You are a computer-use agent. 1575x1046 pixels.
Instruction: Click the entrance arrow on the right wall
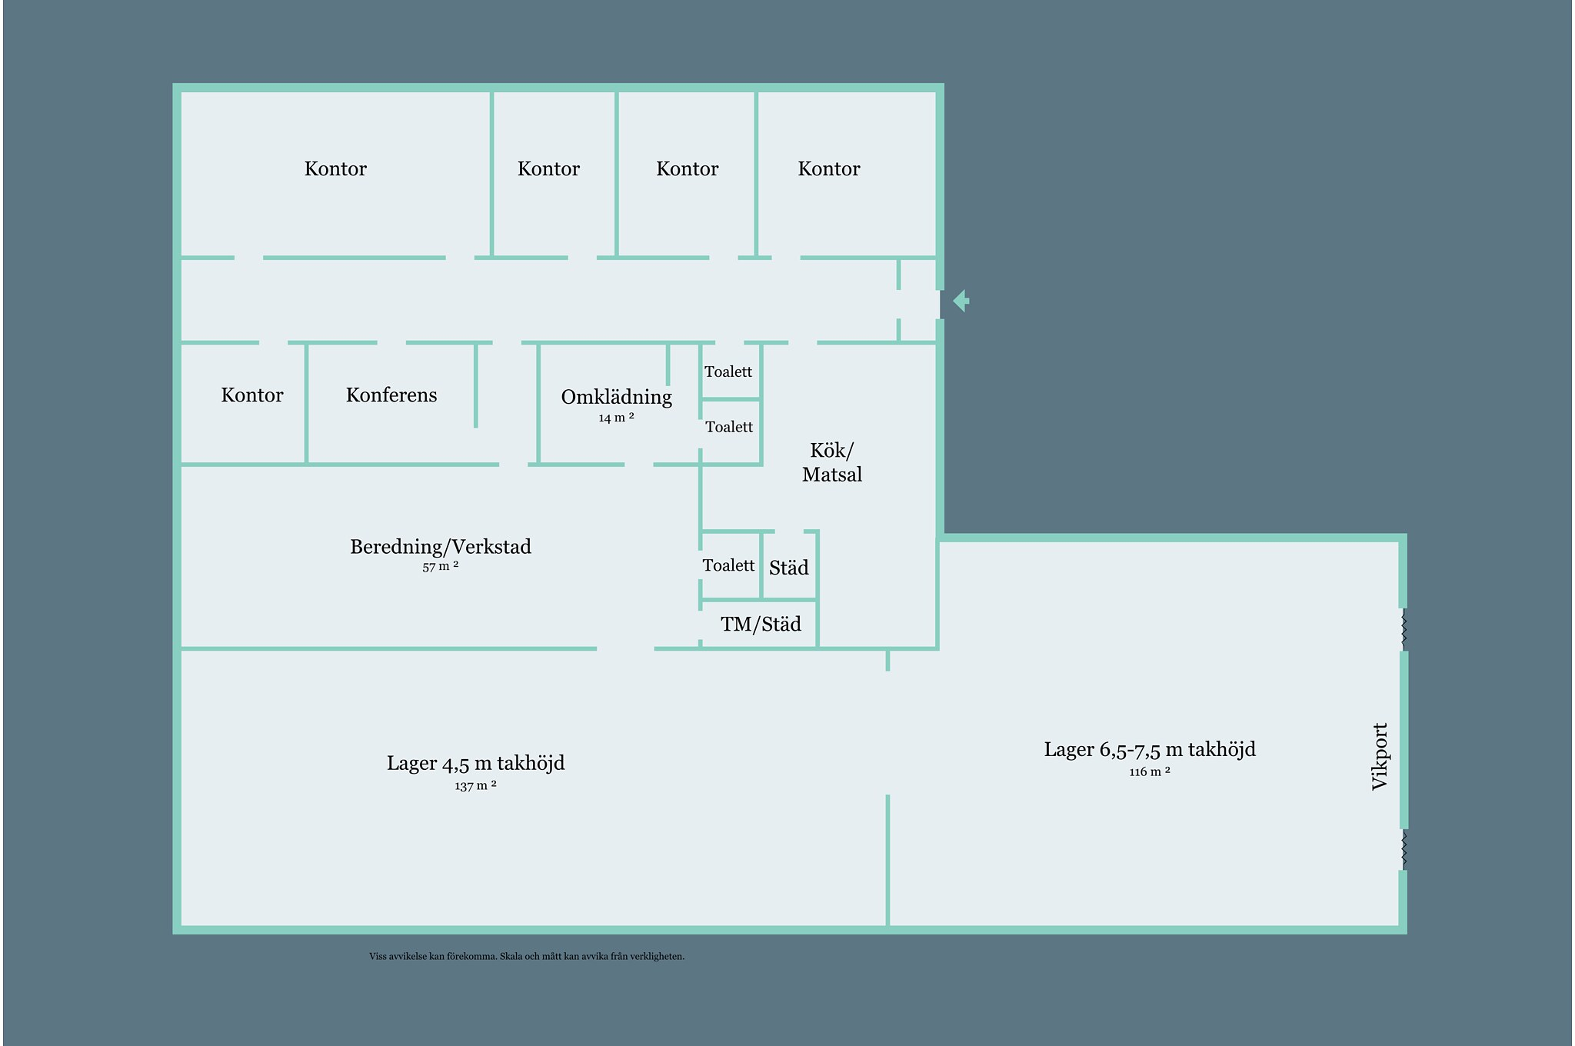(961, 301)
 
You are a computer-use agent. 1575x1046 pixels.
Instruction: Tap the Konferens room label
(391, 395)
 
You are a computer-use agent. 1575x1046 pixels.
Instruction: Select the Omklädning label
(616, 397)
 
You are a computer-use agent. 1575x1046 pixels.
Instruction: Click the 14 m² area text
(616, 418)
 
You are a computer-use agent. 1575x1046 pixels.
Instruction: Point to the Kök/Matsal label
(831, 462)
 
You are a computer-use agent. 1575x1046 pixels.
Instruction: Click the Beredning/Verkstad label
(441, 547)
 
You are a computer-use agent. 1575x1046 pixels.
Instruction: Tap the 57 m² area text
(441, 567)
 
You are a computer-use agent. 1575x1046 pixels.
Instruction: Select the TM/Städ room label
(761, 624)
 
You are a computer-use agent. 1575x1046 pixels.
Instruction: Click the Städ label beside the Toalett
(789, 568)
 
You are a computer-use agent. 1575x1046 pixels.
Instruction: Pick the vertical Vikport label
(1380, 756)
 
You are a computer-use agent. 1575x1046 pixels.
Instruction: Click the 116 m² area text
(1150, 772)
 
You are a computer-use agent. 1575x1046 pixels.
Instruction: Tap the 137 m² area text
(475, 786)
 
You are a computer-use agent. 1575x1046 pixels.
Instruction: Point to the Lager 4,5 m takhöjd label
(475, 763)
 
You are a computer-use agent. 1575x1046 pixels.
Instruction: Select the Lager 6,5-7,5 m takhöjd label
(1150, 749)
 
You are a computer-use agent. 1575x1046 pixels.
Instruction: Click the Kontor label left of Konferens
(252, 395)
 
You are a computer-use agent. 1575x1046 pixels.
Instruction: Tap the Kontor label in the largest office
(335, 169)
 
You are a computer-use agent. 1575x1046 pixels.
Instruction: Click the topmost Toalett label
(728, 372)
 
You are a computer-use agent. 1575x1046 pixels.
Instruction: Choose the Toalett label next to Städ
(728, 566)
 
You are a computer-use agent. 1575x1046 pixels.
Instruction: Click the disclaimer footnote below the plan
(527, 957)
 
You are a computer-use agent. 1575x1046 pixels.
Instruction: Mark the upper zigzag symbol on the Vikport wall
(1404, 629)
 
